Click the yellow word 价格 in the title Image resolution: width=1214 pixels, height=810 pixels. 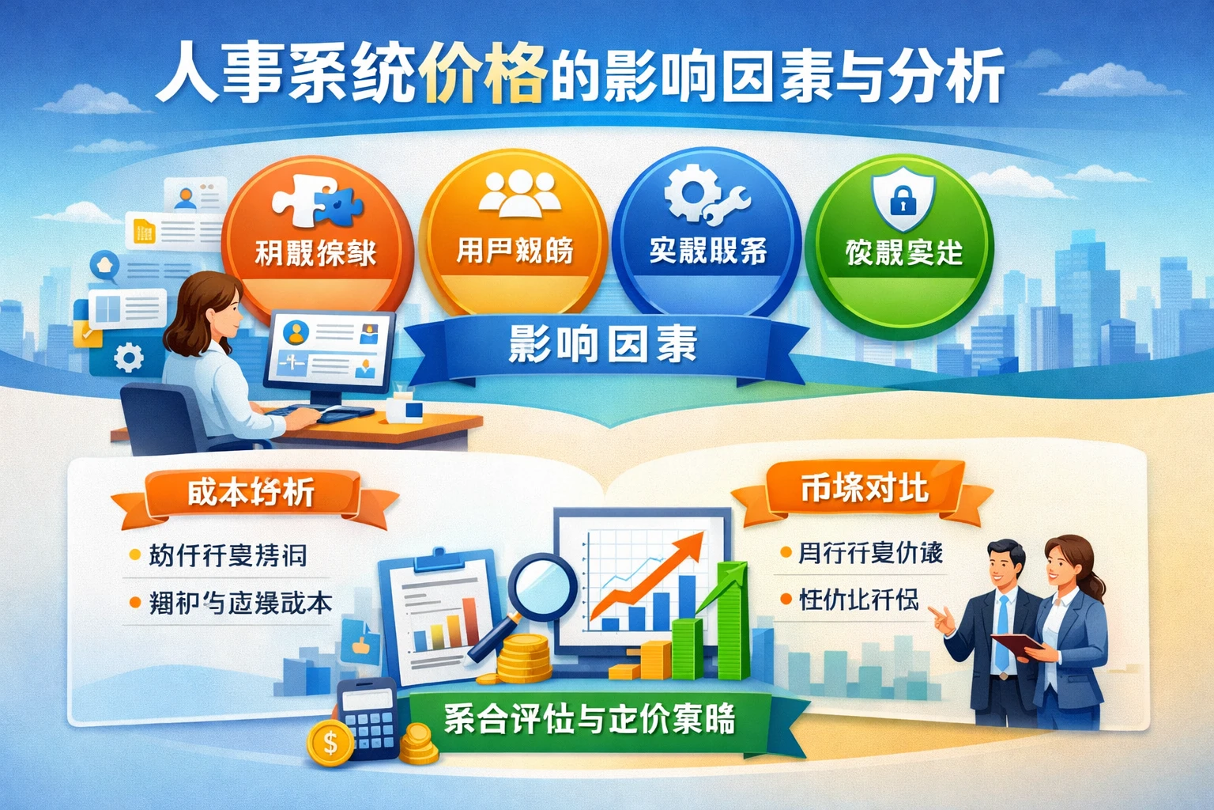[x=484, y=76]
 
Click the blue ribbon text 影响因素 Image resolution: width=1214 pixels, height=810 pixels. [x=602, y=346]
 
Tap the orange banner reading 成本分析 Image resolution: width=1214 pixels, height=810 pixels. [x=251, y=492]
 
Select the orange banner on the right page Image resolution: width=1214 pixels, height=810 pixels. [x=863, y=488]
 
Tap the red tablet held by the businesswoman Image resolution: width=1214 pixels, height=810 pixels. [x=1016, y=644]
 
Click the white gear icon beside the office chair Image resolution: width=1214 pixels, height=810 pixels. [x=128, y=358]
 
